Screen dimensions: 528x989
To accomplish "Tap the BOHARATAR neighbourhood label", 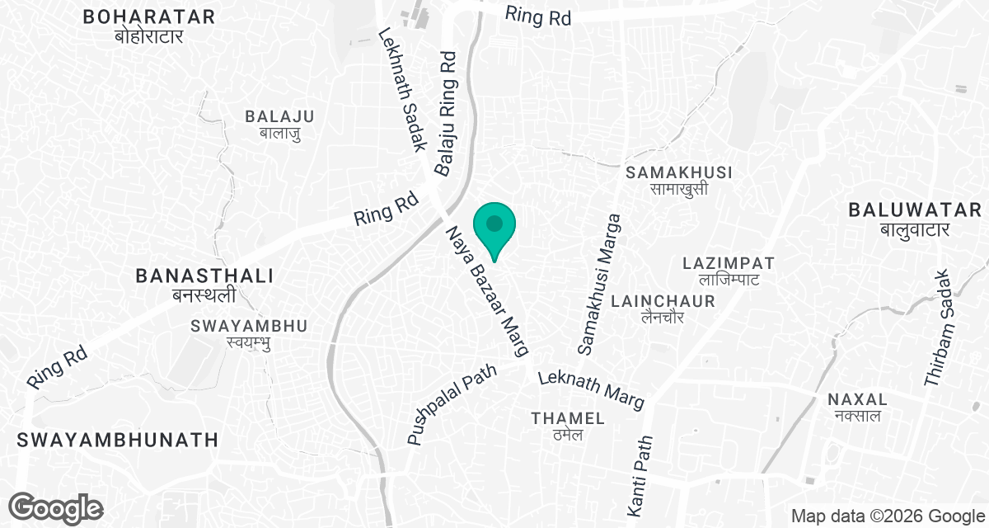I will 149,26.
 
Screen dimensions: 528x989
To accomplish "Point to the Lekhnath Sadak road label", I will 401,90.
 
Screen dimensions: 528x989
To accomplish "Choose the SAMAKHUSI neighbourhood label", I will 679,180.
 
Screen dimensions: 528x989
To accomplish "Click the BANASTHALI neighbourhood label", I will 204,285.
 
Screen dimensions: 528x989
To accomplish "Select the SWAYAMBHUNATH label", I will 115,439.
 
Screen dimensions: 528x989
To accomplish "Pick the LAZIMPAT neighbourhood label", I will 729,271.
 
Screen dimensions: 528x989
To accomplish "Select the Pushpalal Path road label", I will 452,405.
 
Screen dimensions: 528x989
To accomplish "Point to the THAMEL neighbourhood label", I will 568,426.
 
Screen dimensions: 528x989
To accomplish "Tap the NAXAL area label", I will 856,408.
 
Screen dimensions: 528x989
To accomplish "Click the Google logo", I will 56,508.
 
